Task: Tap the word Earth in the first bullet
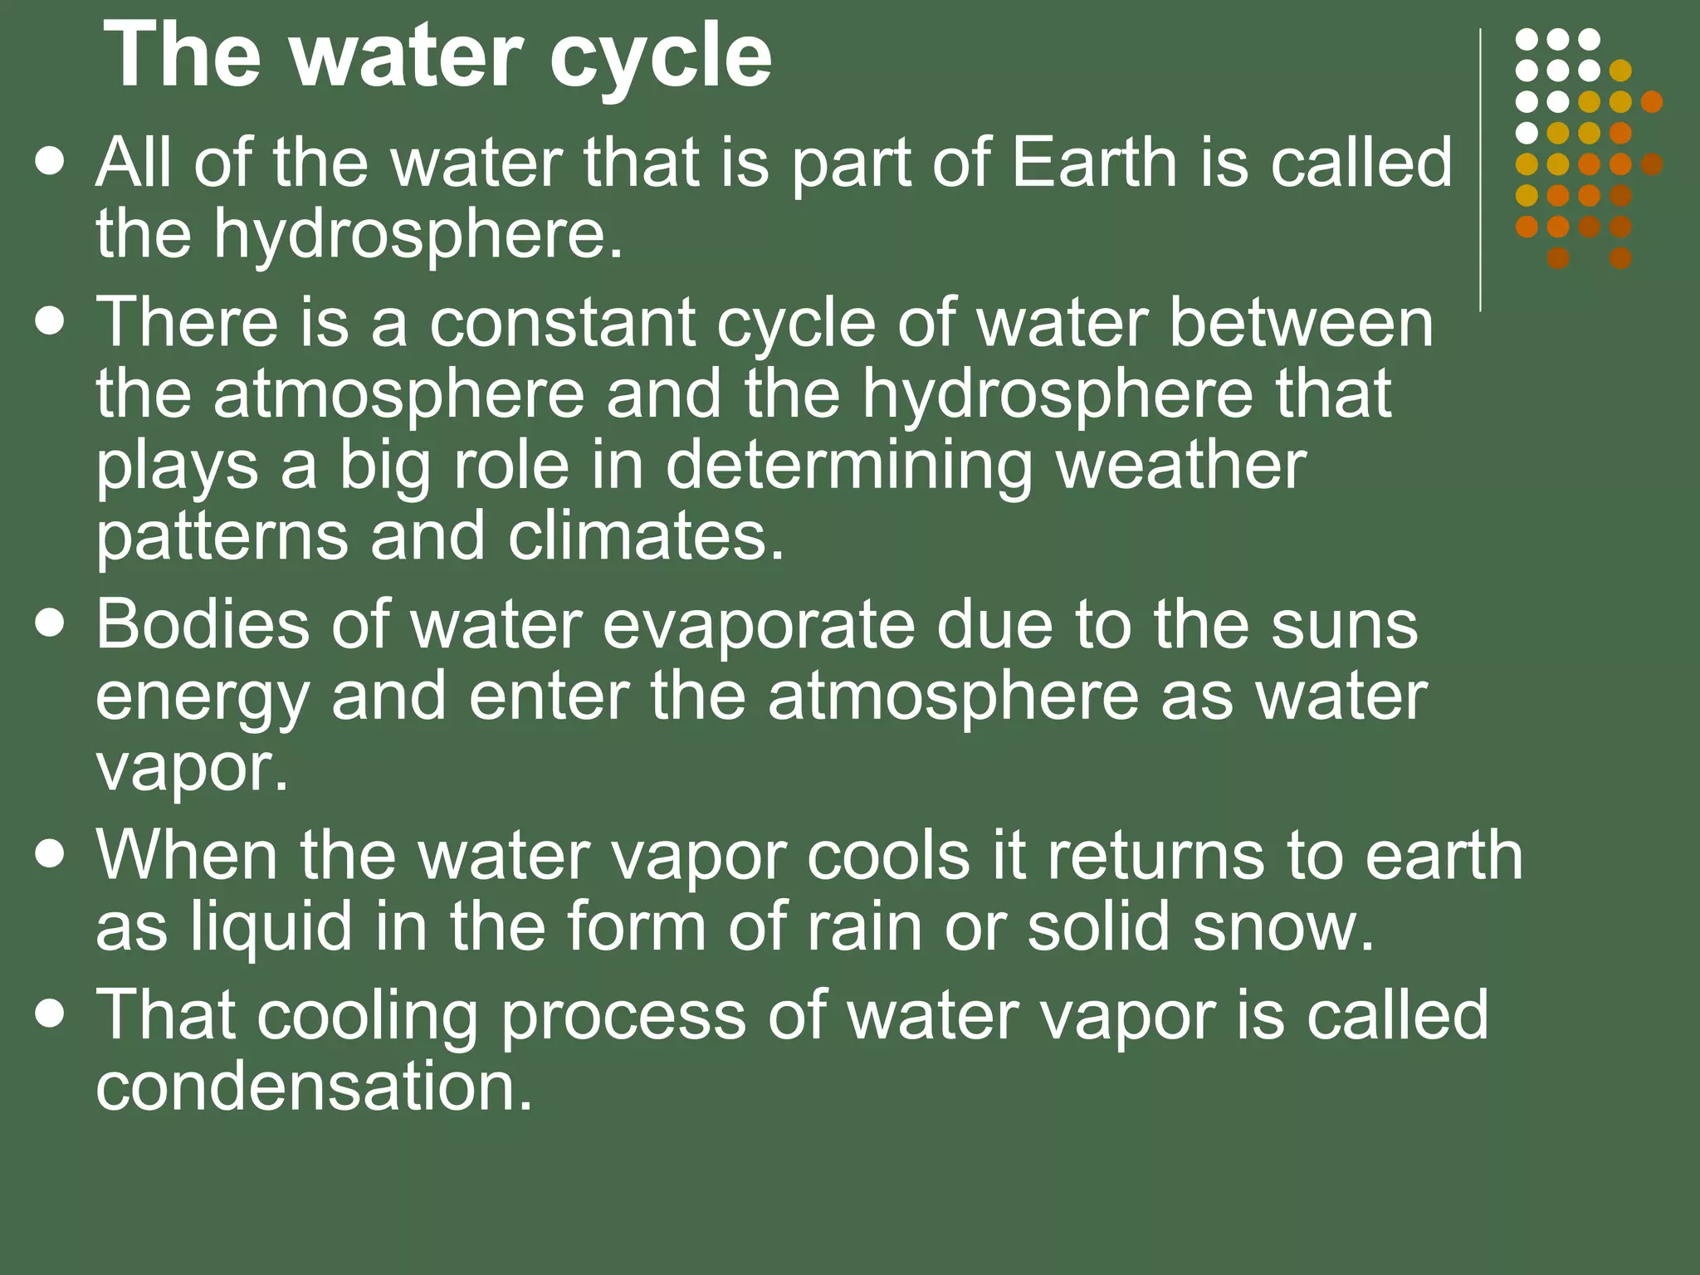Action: (x=1093, y=163)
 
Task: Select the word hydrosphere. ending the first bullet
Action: (x=418, y=235)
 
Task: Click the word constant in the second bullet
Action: (x=562, y=323)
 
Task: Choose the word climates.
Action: (x=646, y=537)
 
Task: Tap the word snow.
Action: (x=1283, y=927)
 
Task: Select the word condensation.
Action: (x=314, y=1087)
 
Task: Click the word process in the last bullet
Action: (x=623, y=1015)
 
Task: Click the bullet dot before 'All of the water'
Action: (x=51, y=162)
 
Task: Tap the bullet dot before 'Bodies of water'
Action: (x=51, y=623)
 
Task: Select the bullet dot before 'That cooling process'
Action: (x=51, y=1014)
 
